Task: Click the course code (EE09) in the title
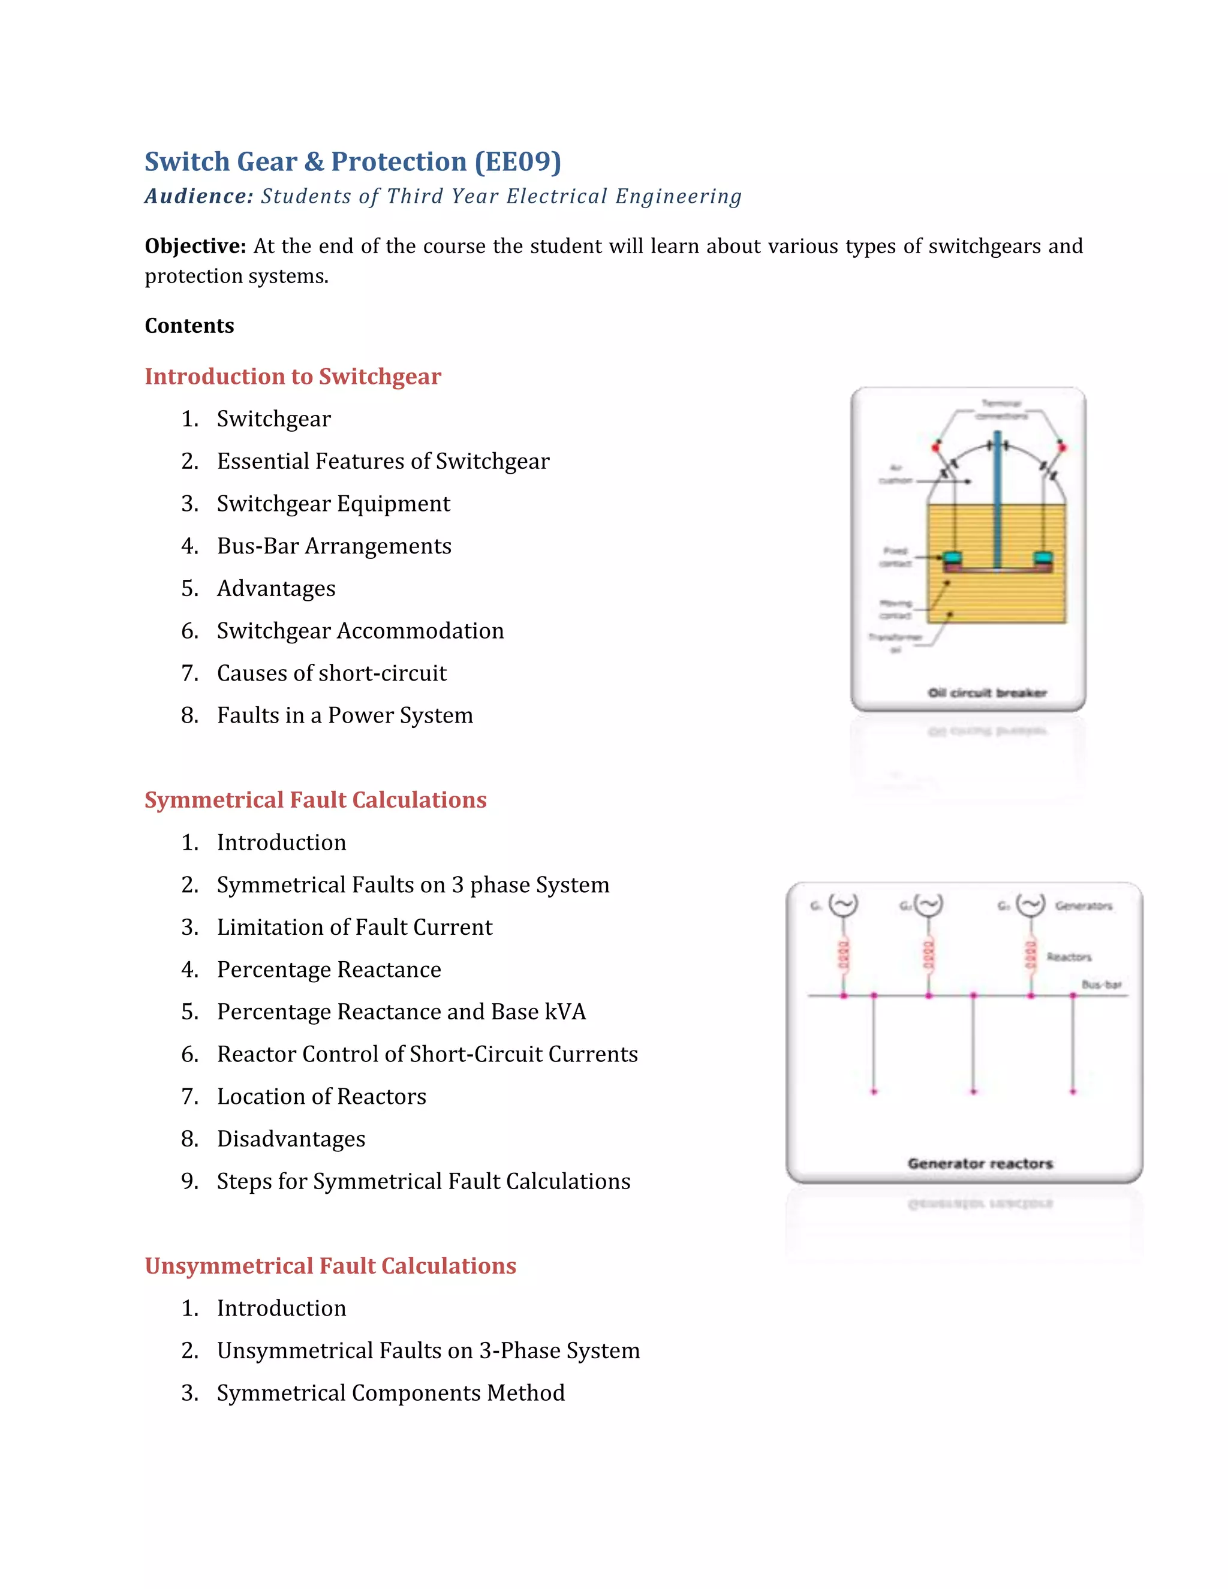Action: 518,161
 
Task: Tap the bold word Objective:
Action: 195,246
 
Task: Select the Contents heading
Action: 189,326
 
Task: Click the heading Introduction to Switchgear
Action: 293,377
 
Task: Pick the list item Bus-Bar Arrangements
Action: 334,546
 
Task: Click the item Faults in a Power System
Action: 345,716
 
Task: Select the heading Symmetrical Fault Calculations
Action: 315,800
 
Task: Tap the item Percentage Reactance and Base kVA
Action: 401,1012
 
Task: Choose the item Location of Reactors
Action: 321,1097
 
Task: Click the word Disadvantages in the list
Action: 291,1139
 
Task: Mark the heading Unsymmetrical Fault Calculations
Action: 330,1266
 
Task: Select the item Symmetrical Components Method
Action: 391,1394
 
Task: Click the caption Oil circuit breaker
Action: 986,693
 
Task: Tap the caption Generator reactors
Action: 979,1163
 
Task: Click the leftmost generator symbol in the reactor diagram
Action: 843,905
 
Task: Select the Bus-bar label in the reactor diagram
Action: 1101,985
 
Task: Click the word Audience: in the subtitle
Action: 198,197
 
